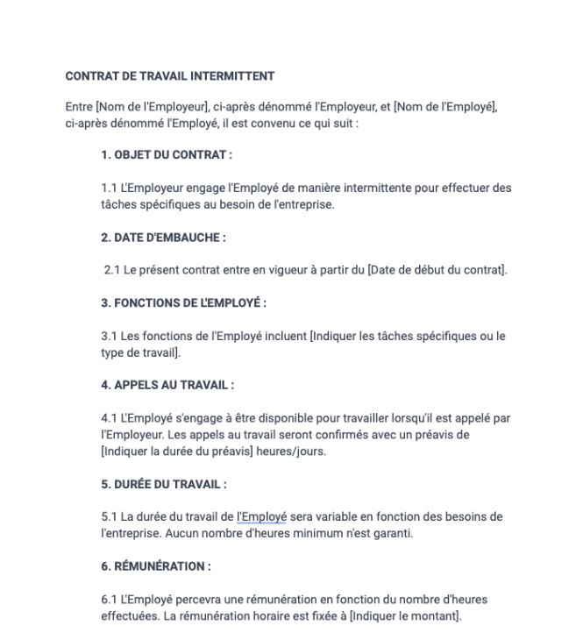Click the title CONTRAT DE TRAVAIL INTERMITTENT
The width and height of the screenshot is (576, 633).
point(170,76)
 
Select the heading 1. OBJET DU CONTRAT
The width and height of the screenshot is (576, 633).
point(167,155)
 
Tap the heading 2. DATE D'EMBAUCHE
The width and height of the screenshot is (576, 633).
point(163,238)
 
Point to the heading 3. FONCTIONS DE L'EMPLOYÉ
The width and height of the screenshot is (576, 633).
point(183,302)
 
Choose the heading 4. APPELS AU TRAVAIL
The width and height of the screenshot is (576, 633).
point(167,385)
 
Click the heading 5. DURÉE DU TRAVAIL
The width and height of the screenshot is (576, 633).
point(164,484)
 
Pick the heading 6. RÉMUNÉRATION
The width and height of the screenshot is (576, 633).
point(156,566)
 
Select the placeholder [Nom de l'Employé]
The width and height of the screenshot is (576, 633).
point(445,107)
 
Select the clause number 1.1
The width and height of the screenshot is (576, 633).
point(110,188)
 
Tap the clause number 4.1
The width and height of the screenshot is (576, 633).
point(110,418)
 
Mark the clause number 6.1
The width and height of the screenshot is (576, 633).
point(110,600)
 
